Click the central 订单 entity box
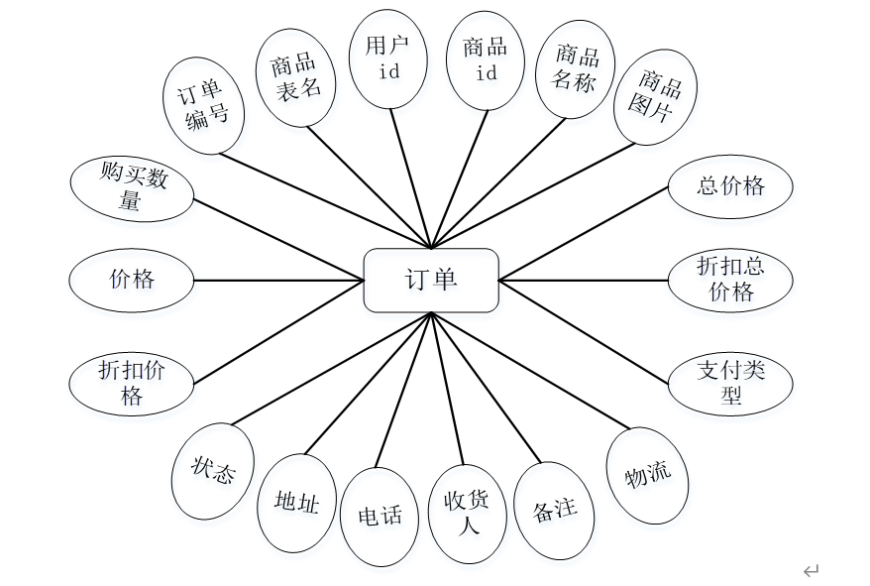point(431,280)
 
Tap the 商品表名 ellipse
point(296,76)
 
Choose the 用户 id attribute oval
point(388,59)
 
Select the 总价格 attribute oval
point(730,186)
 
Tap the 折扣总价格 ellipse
point(730,279)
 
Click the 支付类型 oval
point(730,383)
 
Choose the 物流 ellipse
point(648,475)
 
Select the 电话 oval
point(380,516)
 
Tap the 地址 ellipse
point(296,504)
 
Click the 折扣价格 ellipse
point(132,383)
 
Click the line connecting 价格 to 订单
point(277,281)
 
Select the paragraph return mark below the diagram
point(812,570)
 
